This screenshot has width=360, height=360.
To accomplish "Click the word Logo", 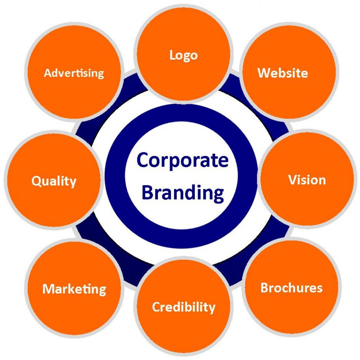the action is pyautogui.click(x=184, y=55).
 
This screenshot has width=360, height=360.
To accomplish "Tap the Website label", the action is pyautogui.click(x=283, y=73).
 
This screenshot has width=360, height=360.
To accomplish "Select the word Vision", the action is pyautogui.click(x=307, y=180).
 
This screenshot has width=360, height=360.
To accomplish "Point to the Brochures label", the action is pyautogui.click(x=291, y=288).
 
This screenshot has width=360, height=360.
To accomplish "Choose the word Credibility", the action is pyautogui.click(x=184, y=307).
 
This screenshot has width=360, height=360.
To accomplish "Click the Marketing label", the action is pyautogui.click(x=74, y=289).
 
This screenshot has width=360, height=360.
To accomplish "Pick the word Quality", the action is pyautogui.click(x=54, y=181).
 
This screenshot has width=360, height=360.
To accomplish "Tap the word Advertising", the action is pyautogui.click(x=74, y=73).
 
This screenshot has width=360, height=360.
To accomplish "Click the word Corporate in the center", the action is pyautogui.click(x=182, y=160).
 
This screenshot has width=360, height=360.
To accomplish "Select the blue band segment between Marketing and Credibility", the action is pyautogui.click(x=133, y=273).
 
